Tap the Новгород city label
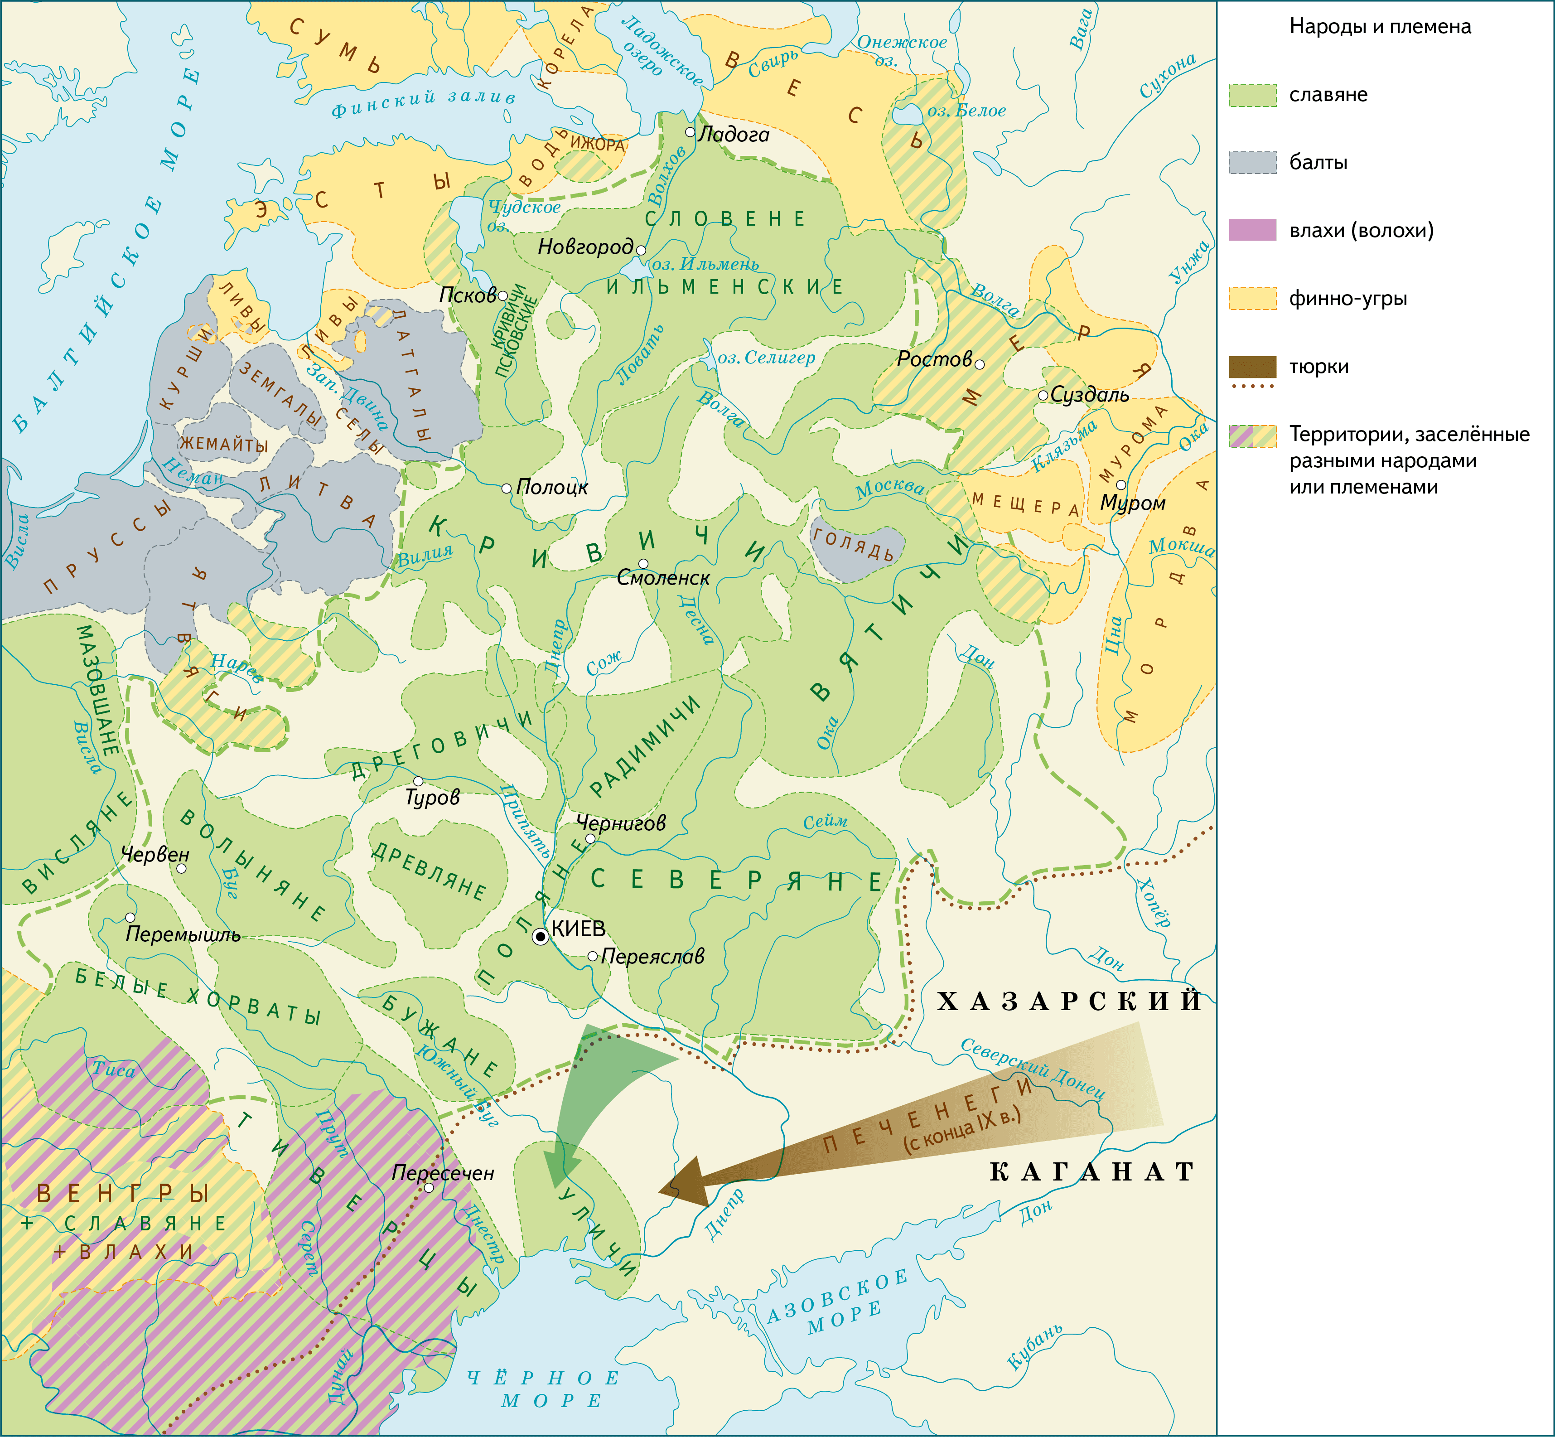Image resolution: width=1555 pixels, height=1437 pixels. point(585,247)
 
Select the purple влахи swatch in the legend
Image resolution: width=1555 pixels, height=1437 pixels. point(1252,230)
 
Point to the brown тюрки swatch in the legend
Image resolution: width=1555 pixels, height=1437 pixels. point(1252,366)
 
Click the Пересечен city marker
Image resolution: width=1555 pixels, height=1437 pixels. point(429,1187)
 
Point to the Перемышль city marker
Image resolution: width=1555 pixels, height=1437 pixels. point(130,918)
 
